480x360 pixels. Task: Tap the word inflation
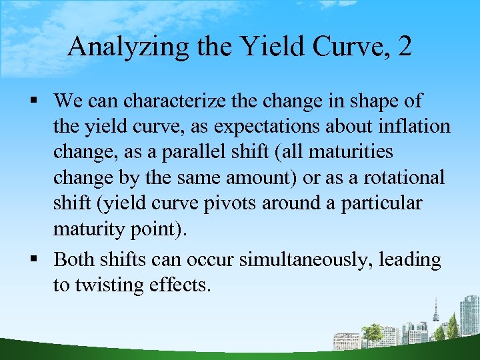tap(414, 127)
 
